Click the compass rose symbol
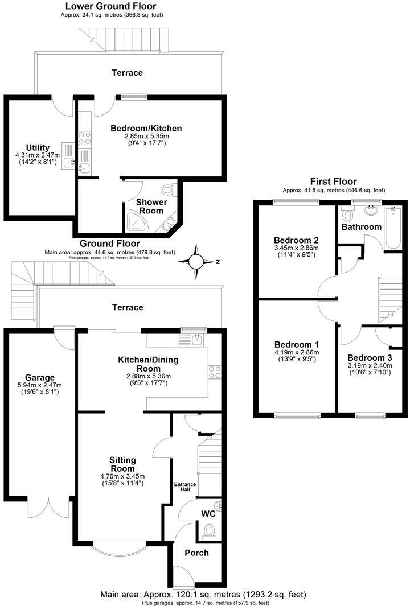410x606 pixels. coord(196,261)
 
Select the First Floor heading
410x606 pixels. coord(334,182)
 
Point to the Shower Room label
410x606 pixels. coord(151,207)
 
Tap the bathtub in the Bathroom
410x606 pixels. coord(393,228)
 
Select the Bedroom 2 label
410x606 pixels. coord(296,239)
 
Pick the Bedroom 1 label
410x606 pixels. coord(296,345)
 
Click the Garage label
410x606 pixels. coord(40,377)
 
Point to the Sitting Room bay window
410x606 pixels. coord(120,549)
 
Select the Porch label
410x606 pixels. coord(196,553)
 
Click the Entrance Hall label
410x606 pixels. coord(185,488)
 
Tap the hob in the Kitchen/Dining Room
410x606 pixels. coord(215,372)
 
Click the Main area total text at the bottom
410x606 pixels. coord(203,594)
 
